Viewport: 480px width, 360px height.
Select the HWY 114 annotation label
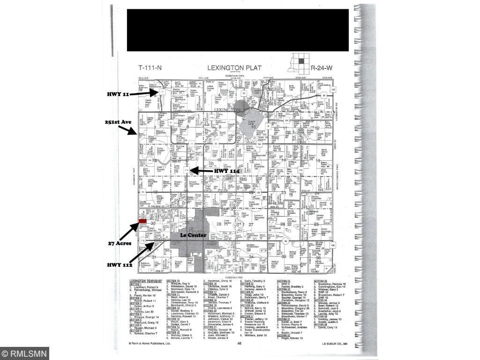coord(227,172)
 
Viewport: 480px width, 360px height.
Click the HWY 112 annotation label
coord(120,265)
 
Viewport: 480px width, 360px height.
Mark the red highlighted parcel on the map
coord(142,221)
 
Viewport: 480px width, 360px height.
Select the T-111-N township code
coord(150,67)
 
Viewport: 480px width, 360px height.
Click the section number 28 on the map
coord(219,225)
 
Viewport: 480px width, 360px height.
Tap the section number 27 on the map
coord(251,225)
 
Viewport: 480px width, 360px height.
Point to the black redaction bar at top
coord(238,30)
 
